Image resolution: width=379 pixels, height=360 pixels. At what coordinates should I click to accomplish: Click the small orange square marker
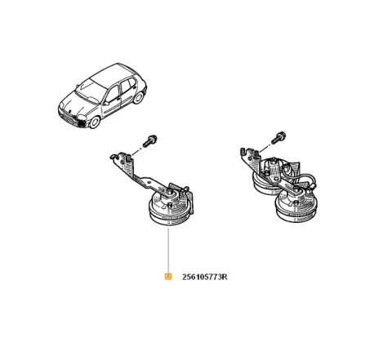(x=167, y=277)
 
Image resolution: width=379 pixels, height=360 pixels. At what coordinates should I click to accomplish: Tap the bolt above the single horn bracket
(x=152, y=140)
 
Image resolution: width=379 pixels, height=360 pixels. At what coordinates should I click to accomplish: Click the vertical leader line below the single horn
(x=167, y=249)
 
